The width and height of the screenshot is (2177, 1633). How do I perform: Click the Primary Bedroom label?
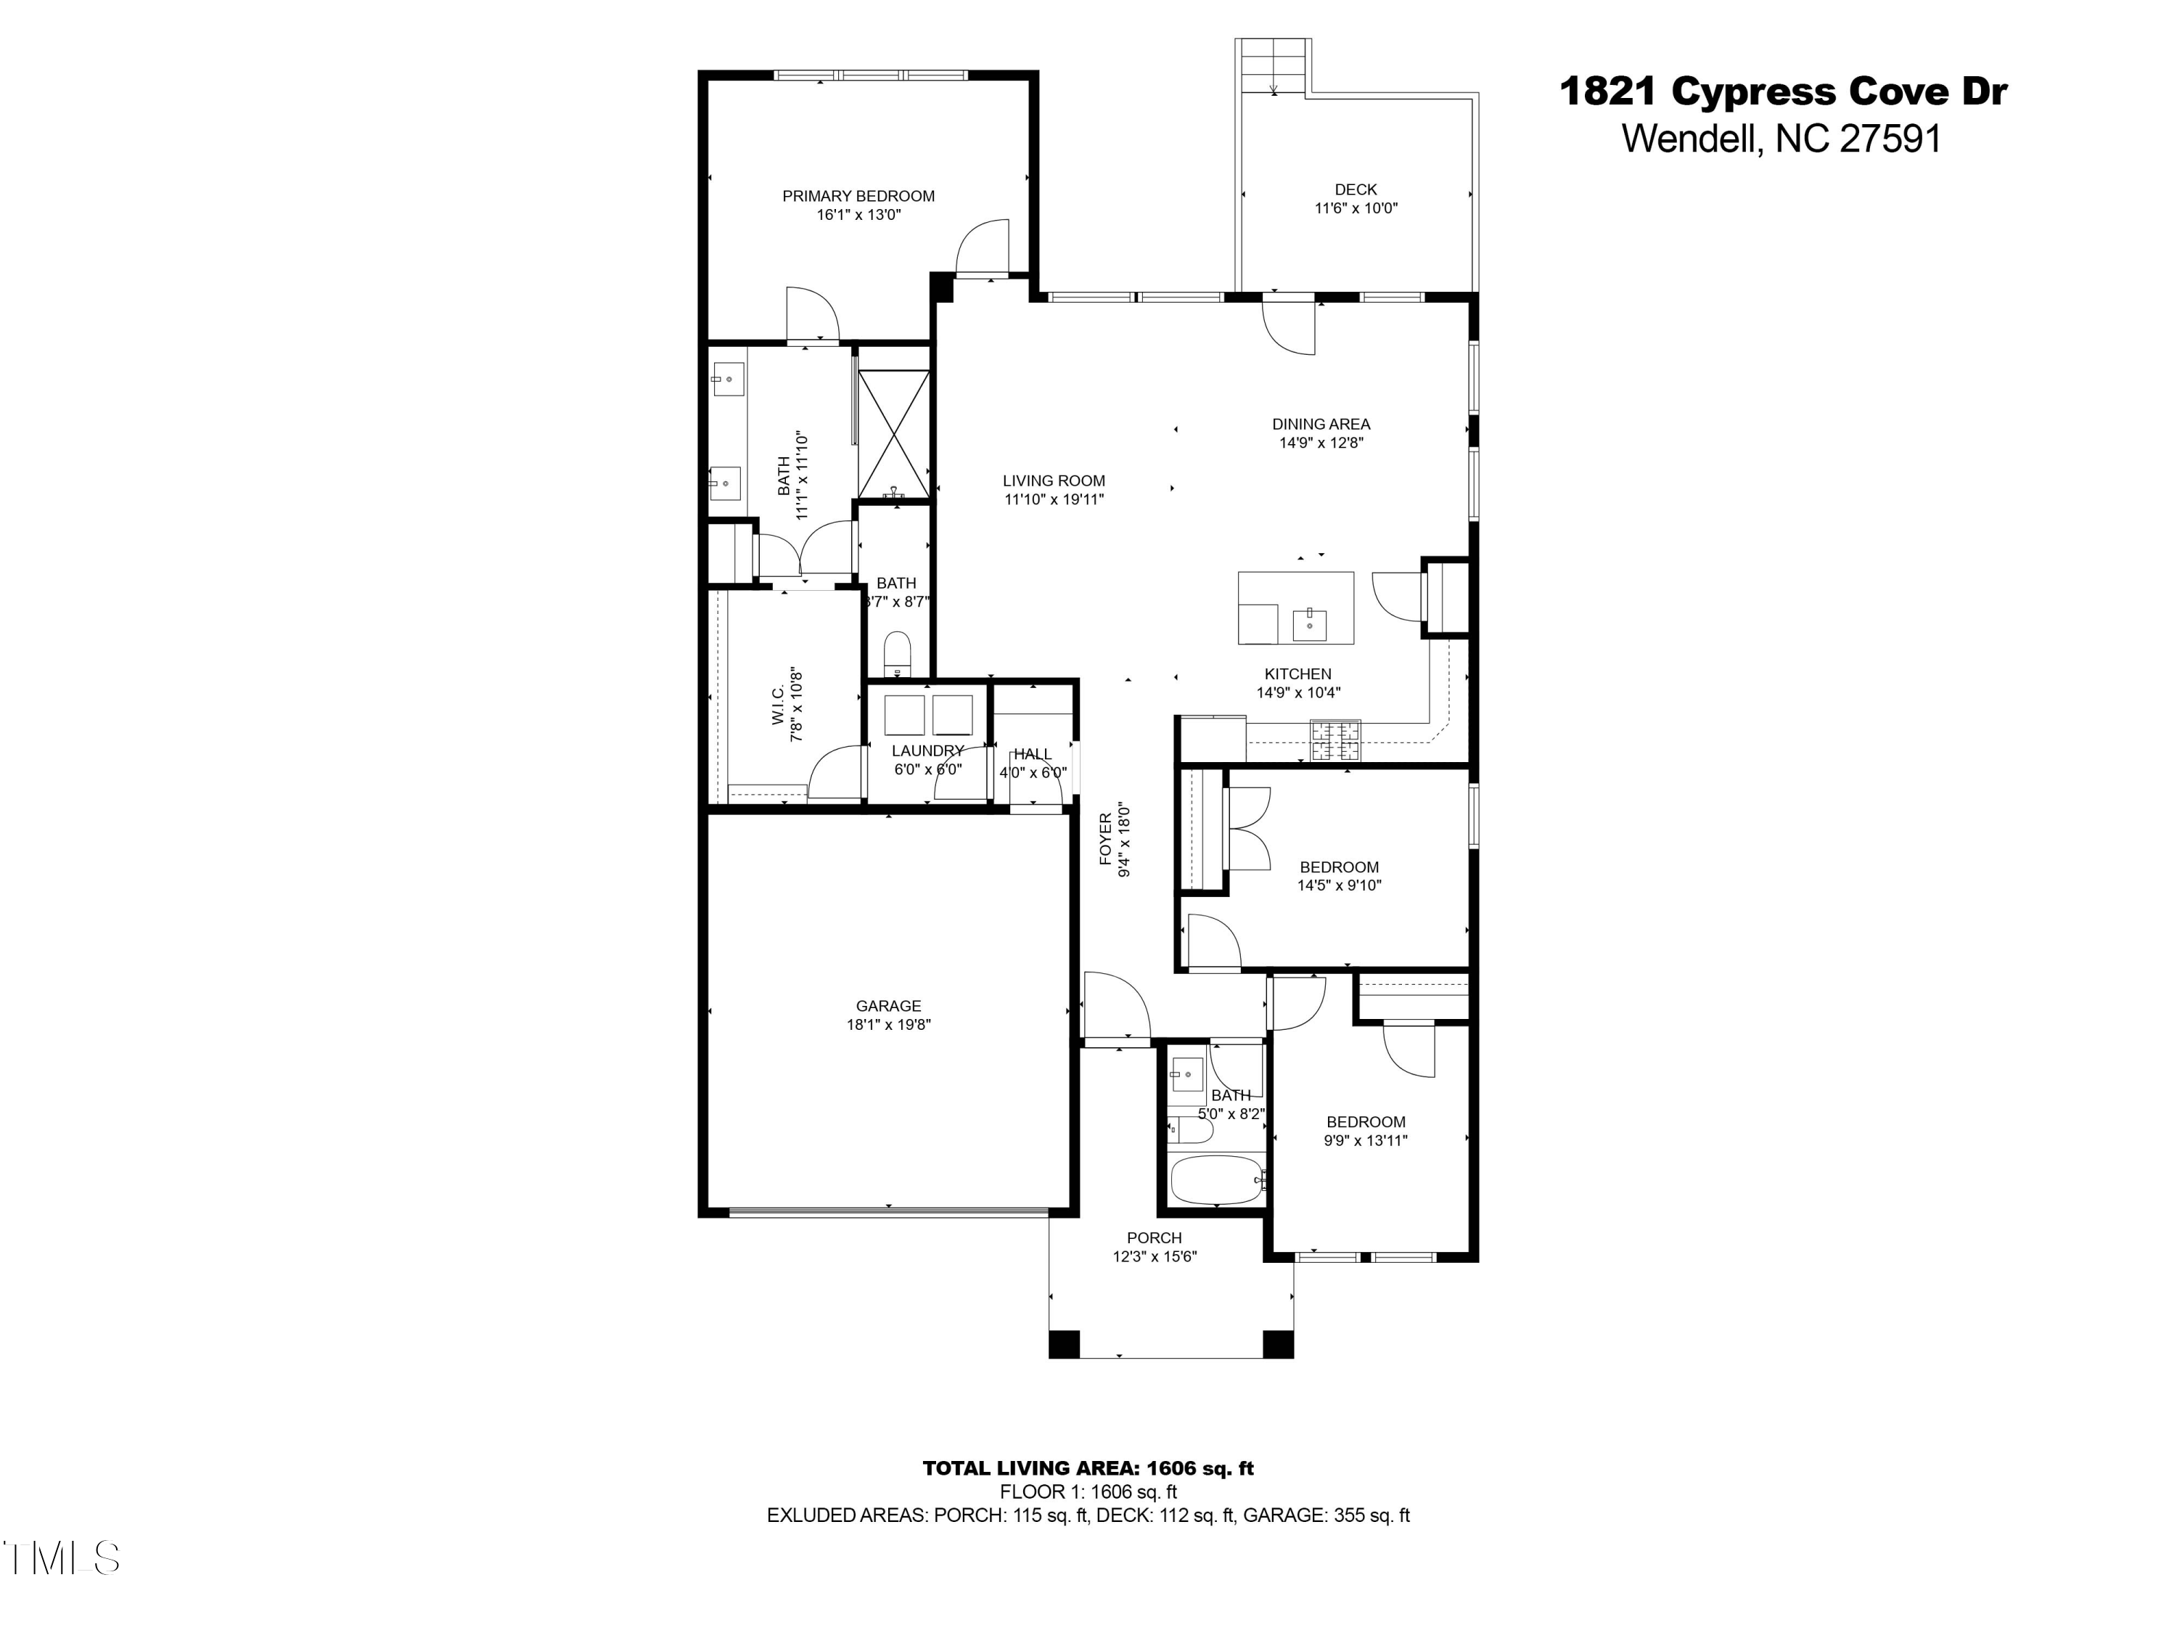pyautogui.click(x=858, y=196)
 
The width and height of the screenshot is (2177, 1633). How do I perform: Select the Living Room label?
pyautogui.click(x=1054, y=480)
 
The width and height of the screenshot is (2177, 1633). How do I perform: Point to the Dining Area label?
pyautogui.click(x=1321, y=425)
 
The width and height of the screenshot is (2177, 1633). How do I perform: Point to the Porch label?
pyautogui.click(x=1155, y=1238)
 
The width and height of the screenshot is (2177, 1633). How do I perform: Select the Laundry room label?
pyautogui.click(x=927, y=751)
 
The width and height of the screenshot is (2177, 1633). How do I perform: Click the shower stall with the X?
pyautogui.click(x=893, y=434)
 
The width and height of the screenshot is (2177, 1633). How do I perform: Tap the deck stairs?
pyautogui.click(x=1274, y=67)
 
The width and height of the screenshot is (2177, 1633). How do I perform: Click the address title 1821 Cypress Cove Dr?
pyautogui.click(x=1784, y=91)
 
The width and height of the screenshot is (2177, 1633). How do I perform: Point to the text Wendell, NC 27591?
pyautogui.click(x=1782, y=139)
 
